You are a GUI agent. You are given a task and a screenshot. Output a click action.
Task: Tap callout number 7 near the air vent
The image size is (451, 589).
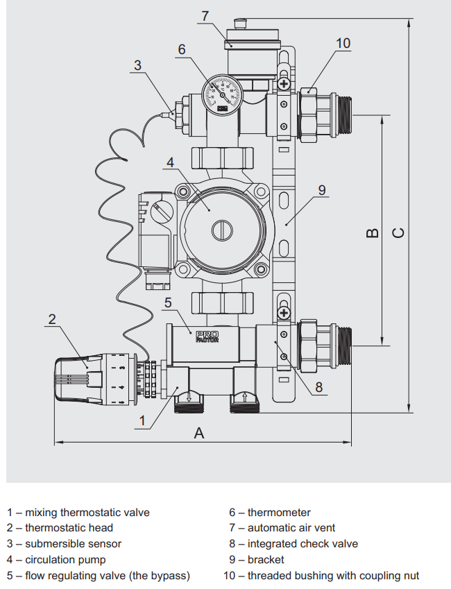(205, 16)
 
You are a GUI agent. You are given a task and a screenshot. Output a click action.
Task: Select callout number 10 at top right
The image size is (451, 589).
(343, 43)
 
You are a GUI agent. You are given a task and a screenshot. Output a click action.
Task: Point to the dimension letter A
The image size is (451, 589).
(199, 433)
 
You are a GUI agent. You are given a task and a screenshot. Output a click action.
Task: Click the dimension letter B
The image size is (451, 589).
(372, 233)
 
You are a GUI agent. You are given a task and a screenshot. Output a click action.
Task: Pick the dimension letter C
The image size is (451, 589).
(398, 233)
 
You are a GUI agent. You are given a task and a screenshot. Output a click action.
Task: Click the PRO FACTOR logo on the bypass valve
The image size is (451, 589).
(207, 336)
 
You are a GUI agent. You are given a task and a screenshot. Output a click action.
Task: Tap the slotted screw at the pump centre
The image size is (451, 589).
(222, 230)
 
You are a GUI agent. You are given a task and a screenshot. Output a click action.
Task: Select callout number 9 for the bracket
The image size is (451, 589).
(322, 190)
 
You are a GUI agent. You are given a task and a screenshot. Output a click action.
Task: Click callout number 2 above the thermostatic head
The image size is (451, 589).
(52, 319)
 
